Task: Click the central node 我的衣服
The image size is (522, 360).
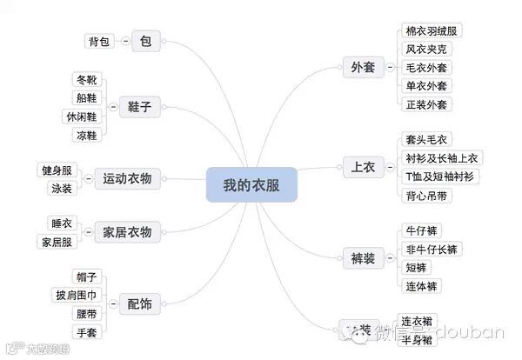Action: coord(252,184)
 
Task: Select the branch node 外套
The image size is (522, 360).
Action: coord(362,67)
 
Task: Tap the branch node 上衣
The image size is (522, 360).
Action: coord(362,167)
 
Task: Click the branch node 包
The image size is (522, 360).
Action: coord(145,41)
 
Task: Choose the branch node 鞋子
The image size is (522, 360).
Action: coord(139,106)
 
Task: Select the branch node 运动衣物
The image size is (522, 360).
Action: coord(127,178)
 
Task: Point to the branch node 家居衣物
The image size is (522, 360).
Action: coord(127,231)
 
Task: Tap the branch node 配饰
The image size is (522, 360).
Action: coord(139,303)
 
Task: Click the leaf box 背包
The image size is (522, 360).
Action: coord(98,41)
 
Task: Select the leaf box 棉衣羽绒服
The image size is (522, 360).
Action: coord(432,31)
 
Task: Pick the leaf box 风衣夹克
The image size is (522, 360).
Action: coord(427,50)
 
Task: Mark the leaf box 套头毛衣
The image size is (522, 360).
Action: coord(426,140)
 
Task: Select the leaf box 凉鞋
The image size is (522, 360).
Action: coord(87,135)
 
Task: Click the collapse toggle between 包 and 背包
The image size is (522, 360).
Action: coord(125,41)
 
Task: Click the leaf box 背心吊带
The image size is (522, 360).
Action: coord(427,195)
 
